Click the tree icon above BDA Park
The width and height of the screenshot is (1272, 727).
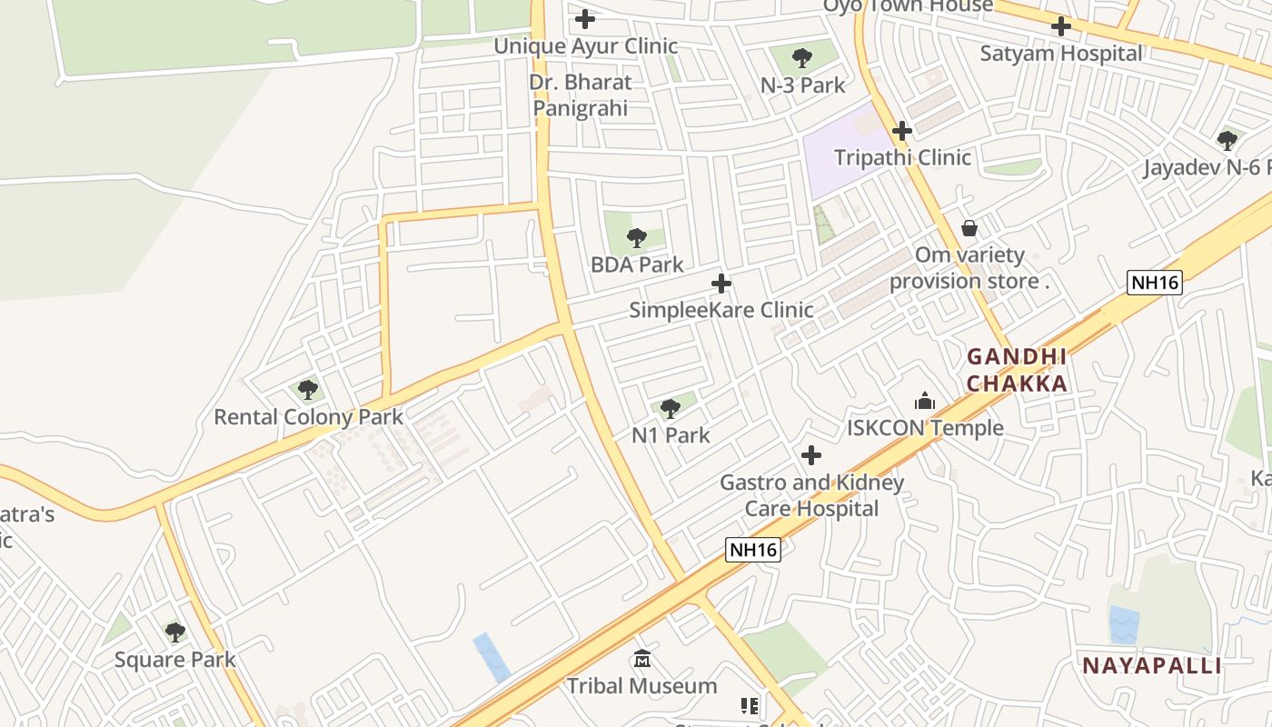[x=637, y=238]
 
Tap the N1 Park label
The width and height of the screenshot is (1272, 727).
[x=671, y=435]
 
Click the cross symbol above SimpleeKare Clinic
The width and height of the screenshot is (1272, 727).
[x=721, y=284]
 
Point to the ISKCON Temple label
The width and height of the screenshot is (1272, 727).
[x=925, y=427]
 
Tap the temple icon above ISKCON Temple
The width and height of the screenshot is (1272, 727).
[x=925, y=401]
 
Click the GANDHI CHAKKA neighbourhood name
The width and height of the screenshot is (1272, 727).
[x=1016, y=370]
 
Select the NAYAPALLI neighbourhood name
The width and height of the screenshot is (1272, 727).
[x=1151, y=665]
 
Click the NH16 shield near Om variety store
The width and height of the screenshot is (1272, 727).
[x=1154, y=283]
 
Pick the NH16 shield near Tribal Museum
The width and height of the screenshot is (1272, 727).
[x=753, y=550]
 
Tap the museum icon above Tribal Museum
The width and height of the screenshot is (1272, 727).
[x=642, y=658]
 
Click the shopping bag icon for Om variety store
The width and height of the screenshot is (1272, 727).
[x=969, y=227]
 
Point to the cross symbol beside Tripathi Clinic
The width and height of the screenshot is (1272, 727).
[x=901, y=131]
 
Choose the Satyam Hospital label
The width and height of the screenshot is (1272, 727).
[x=1060, y=53]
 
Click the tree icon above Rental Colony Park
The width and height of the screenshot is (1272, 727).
[x=308, y=390]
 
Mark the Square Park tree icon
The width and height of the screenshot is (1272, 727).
[x=175, y=632]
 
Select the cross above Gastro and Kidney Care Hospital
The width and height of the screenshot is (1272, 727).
[x=811, y=455]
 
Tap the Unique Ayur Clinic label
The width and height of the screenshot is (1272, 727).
[x=585, y=45]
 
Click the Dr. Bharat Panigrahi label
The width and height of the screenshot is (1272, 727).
[x=581, y=95]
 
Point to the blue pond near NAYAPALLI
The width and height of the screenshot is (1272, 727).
[x=1124, y=624]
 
